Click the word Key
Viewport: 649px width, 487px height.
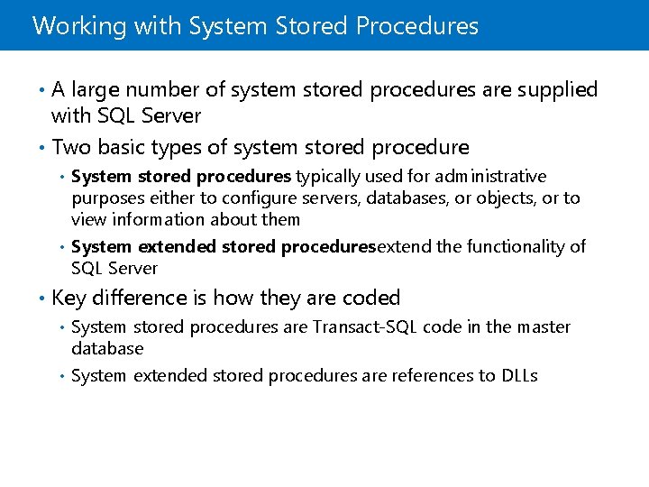coord(69,298)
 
